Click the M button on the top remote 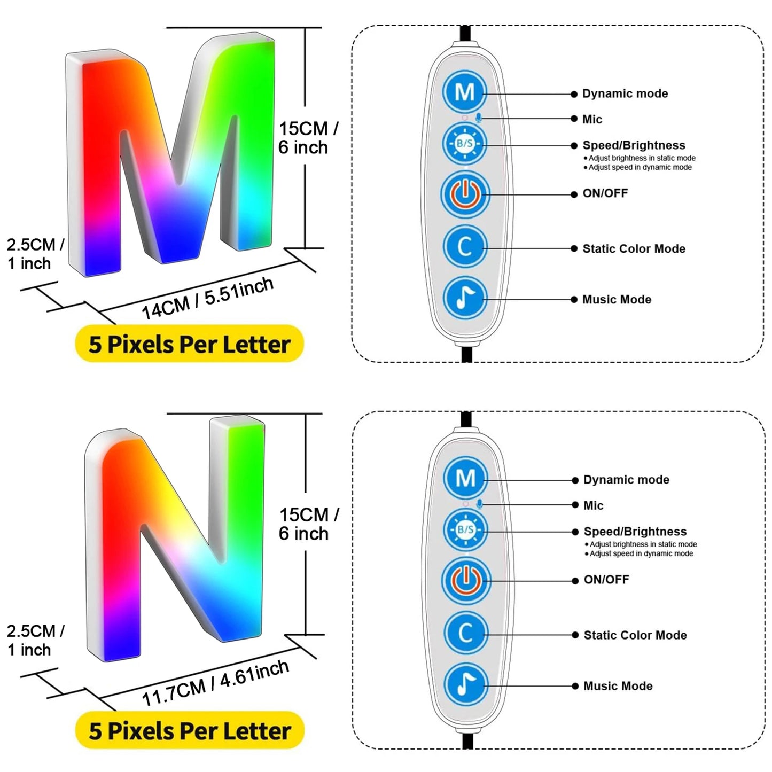(x=464, y=92)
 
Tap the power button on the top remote (x=465, y=194)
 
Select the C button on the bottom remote (x=465, y=634)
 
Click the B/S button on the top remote (x=464, y=144)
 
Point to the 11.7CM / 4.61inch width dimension (x=215, y=683)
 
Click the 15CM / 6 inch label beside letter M (x=308, y=138)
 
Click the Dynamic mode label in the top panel (x=625, y=94)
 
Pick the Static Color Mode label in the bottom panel (x=635, y=635)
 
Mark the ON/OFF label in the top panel (x=605, y=193)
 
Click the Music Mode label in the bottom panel (x=618, y=686)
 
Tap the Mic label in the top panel (x=592, y=120)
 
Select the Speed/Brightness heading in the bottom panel (x=635, y=532)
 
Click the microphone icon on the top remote (x=479, y=118)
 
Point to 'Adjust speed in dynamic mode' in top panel (x=640, y=168)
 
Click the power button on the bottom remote (x=465, y=580)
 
